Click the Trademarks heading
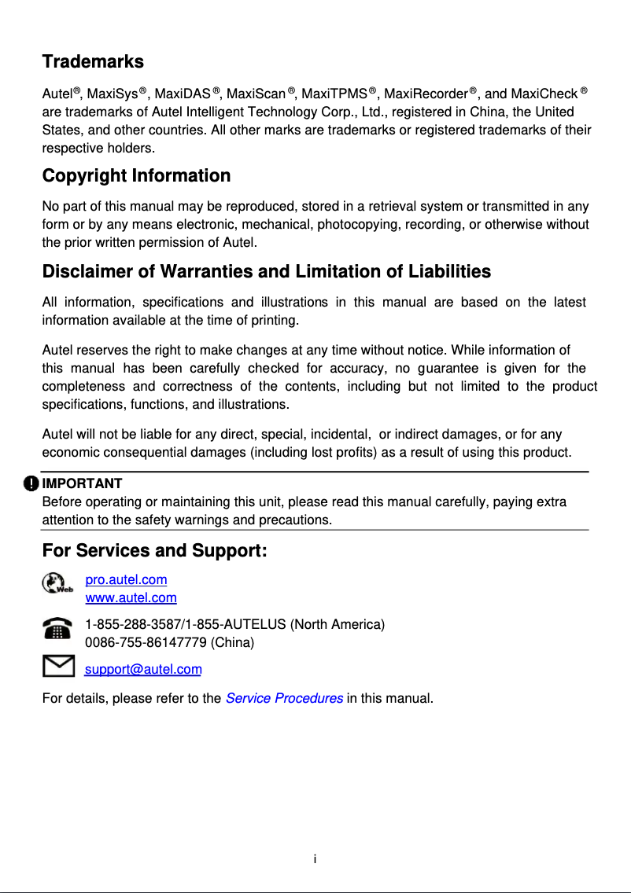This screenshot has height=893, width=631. [93, 61]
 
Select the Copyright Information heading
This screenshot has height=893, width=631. [136, 175]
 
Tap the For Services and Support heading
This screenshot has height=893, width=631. [155, 550]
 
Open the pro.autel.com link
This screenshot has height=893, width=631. [126, 580]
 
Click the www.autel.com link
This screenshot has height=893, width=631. [131, 598]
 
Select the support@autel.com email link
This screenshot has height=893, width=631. [143, 669]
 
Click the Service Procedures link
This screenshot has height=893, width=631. [284, 698]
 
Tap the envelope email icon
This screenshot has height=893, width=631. [59, 667]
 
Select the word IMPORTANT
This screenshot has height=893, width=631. [82, 483]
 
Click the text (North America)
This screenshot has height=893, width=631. [338, 625]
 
